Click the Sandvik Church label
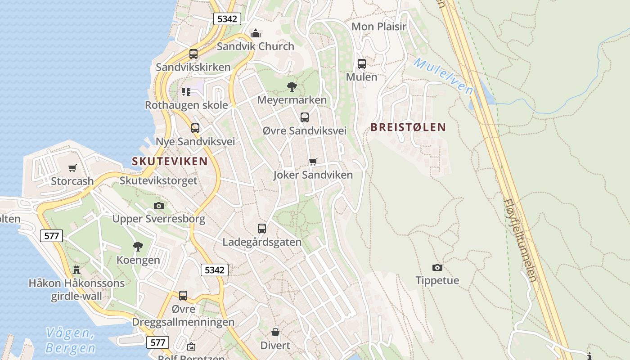pos(255,46)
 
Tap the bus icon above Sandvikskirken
pos(193,54)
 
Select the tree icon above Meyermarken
pos(292,86)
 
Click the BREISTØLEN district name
pos(408,127)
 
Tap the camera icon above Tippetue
pos(437,268)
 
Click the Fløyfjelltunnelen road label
pos(520,241)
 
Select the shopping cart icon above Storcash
pos(72,168)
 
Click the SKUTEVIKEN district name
pos(170,161)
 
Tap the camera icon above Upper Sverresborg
pos(158,206)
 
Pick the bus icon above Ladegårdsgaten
pos(262,229)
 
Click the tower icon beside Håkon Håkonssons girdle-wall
pos(76,270)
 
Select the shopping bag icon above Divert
pos(275,333)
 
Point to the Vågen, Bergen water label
pos(71,341)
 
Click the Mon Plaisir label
pos(379,27)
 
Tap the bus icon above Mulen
pos(362,64)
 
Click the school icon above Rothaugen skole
pos(186,92)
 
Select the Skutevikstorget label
pos(158,181)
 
